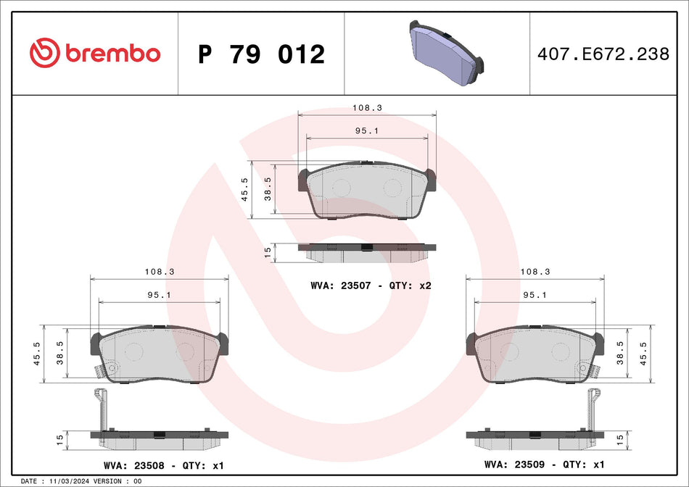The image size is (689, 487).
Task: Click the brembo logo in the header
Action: (95, 53)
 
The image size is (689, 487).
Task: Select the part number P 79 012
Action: (261, 54)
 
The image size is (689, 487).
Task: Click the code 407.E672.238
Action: (603, 54)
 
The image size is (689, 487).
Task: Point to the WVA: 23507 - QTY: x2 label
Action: (371, 286)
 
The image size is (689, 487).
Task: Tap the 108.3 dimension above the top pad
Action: (367, 107)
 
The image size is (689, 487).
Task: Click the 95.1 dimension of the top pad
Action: (367, 130)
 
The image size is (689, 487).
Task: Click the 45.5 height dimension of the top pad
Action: (245, 189)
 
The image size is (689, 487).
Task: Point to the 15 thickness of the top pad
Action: (268, 251)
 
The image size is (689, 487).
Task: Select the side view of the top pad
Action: (367, 251)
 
